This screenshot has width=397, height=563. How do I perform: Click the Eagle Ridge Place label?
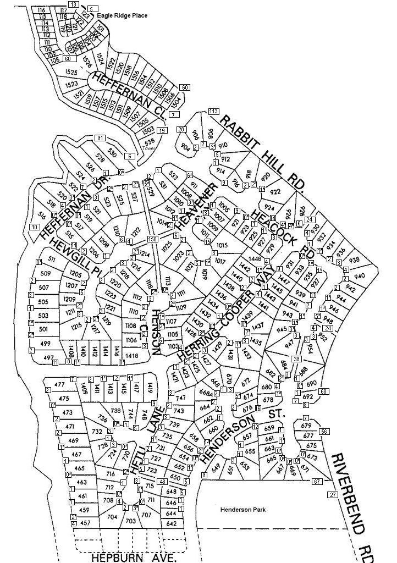[x=122, y=16]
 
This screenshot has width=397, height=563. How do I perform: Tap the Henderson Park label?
[x=243, y=510]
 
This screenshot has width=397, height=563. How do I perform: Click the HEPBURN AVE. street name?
[x=133, y=557]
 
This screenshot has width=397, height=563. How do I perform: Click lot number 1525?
[x=71, y=72]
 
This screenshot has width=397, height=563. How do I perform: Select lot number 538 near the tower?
[x=150, y=141]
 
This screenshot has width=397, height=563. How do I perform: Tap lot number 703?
[x=131, y=521]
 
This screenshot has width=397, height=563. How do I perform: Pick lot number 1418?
[x=132, y=356]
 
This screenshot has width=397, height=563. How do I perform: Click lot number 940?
[x=360, y=276]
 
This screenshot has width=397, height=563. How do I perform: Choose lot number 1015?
[x=222, y=245]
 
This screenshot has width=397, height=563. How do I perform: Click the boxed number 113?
[x=214, y=112]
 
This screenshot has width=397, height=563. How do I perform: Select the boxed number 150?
[x=152, y=239]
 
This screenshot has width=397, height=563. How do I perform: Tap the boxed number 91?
[x=100, y=137]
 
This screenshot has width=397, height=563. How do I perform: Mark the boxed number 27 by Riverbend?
[x=333, y=495]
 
